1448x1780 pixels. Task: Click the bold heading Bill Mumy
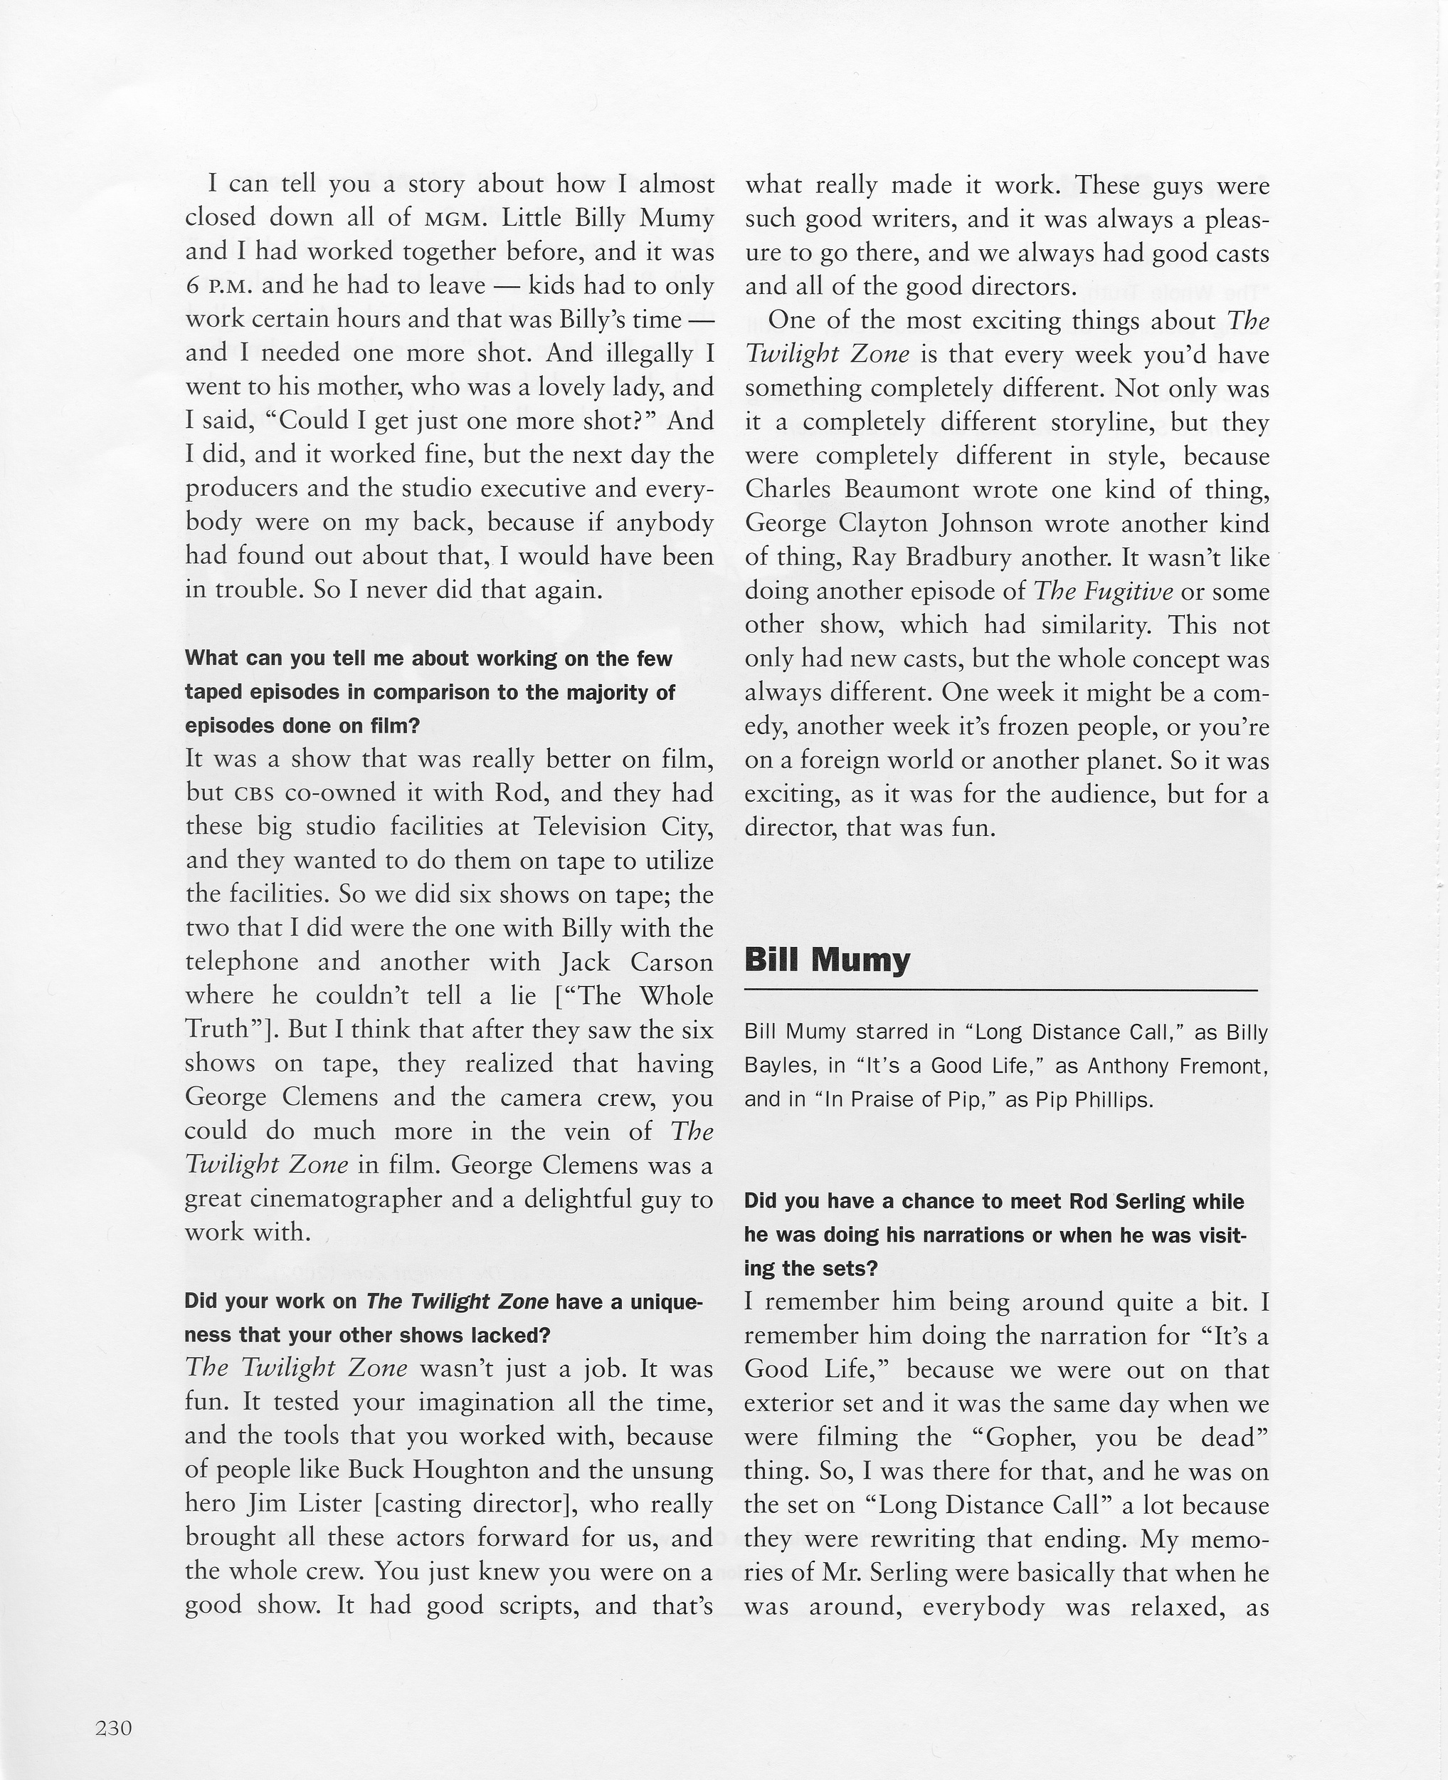point(827,960)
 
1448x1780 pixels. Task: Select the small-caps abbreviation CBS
point(255,792)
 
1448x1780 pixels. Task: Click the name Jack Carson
point(638,962)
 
